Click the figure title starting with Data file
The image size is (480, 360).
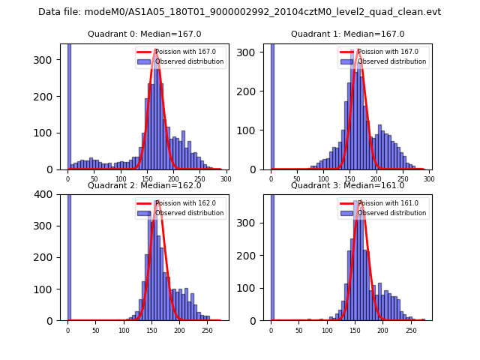coord(239,12)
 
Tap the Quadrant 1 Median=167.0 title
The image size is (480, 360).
coord(347,34)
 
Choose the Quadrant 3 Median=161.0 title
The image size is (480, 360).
coord(347,185)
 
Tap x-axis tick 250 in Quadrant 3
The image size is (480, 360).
coord(411,330)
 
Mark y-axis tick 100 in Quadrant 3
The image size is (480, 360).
coord(254,288)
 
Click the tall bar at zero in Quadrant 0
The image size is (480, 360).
coord(69,105)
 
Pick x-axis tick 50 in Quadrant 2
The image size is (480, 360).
coord(95,330)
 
